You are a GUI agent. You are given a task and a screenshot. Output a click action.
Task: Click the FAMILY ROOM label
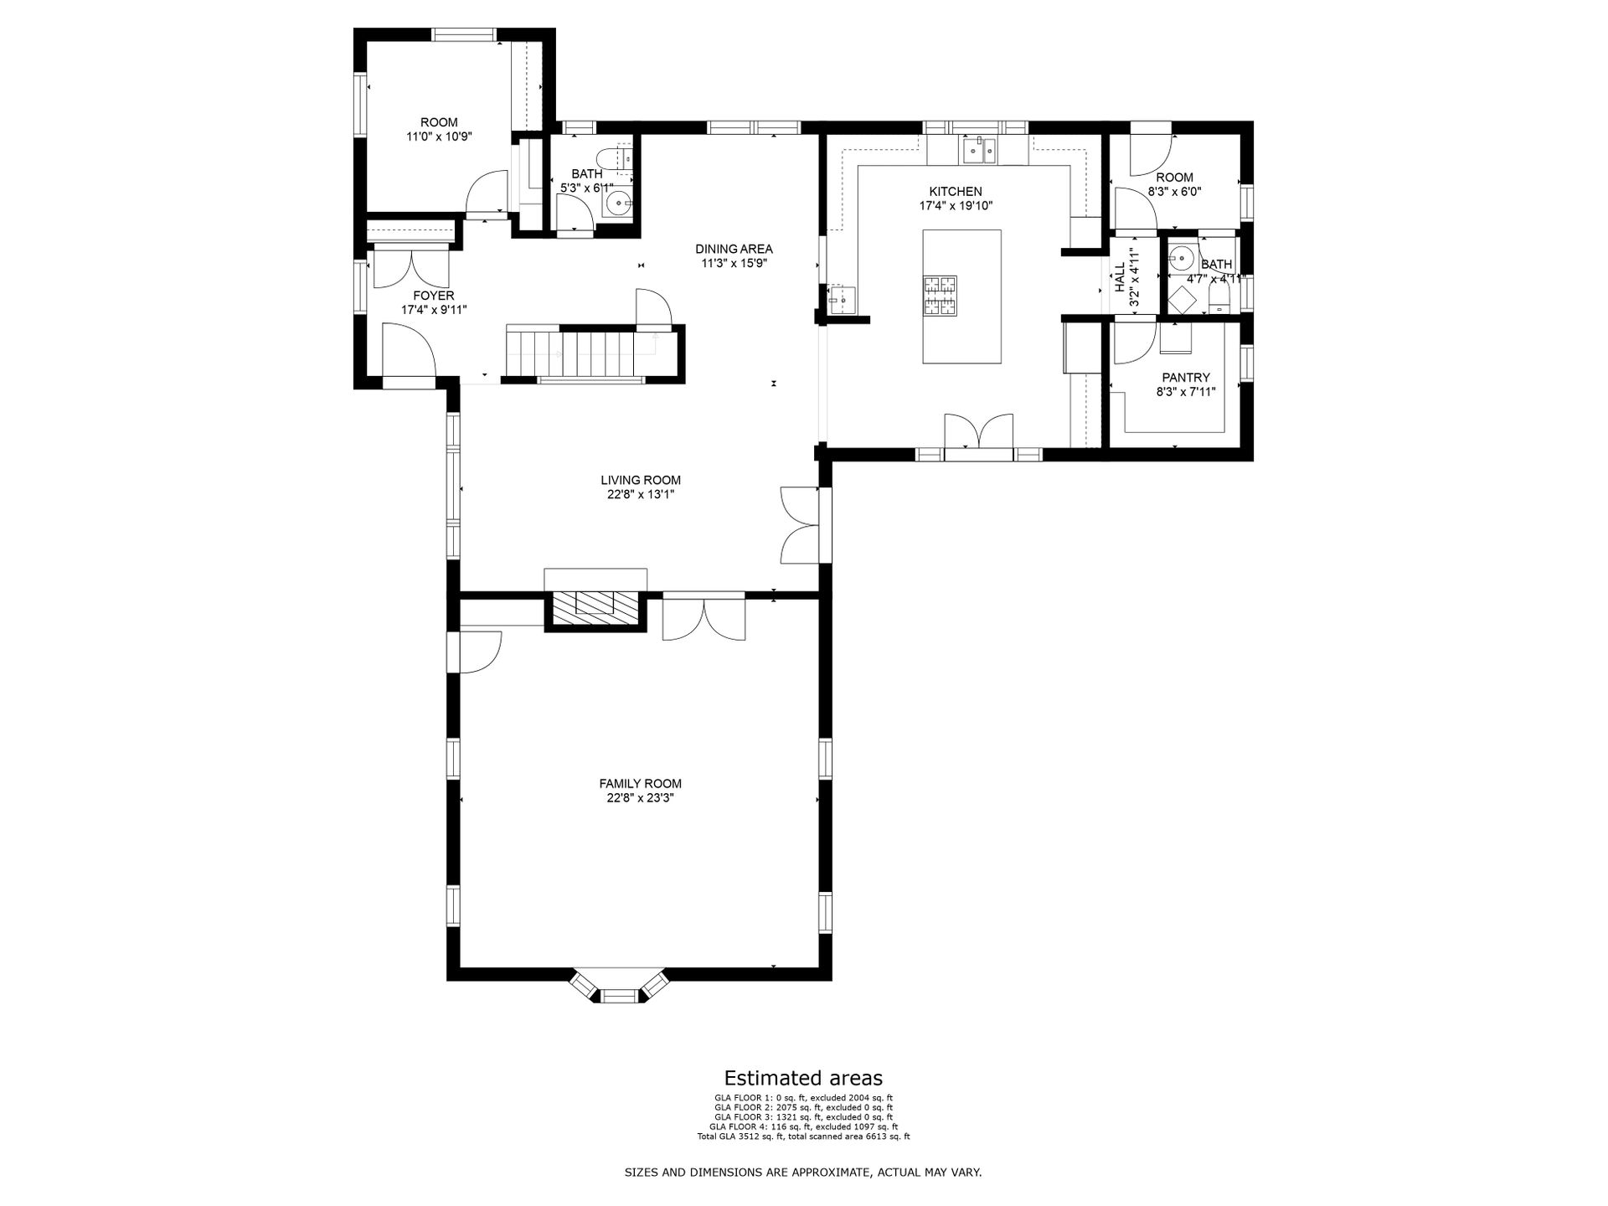click(640, 784)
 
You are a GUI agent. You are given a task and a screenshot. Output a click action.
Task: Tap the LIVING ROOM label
click(641, 480)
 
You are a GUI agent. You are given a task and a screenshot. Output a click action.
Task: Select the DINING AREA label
click(734, 249)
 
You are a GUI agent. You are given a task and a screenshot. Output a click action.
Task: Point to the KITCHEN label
click(956, 192)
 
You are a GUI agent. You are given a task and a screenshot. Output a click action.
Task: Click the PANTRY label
click(1186, 378)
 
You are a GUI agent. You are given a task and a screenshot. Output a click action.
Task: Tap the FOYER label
click(434, 296)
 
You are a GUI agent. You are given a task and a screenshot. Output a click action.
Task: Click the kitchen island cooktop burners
click(940, 296)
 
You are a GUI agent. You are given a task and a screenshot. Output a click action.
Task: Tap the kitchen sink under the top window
click(977, 151)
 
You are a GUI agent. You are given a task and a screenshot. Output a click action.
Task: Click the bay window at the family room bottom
click(619, 988)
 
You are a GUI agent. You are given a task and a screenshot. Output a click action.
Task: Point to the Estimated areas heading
click(803, 1078)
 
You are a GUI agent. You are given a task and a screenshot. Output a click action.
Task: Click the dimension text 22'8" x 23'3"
click(641, 798)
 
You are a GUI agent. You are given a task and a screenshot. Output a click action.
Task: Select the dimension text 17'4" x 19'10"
click(956, 205)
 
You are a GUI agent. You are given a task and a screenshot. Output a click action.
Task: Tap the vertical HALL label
click(1121, 277)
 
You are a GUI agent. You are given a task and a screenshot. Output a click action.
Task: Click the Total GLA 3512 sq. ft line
click(803, 1136)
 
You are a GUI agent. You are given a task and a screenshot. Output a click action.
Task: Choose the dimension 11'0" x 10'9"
click(440, 137)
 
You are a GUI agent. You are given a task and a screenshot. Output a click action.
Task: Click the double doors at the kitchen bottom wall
click(978, 435)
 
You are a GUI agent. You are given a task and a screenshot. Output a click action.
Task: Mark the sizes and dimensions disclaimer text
click(803, 1172)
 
